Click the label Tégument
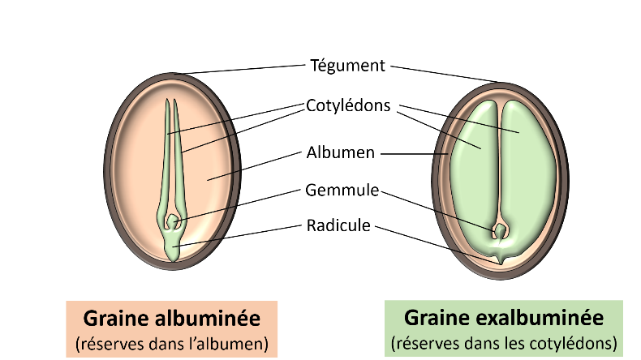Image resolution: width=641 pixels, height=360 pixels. [347, 66]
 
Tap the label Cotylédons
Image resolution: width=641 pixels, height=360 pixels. [348, 105]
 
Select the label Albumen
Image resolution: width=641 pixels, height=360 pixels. [341, 152]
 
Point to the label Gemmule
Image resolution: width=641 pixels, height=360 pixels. [342, 190]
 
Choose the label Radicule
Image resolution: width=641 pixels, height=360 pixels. [338, 225]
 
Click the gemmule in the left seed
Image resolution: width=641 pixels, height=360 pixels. [173, 221]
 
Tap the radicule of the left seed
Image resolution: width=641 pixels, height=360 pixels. [173, 247]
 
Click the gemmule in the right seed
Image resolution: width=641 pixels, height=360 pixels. [500, 231]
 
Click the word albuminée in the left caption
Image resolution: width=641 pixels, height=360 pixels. [207, 319]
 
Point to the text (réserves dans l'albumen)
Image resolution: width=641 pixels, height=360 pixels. [172, 344]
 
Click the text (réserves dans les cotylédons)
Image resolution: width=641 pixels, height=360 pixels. [504, 343]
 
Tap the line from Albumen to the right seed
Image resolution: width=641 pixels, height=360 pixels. [415, 154]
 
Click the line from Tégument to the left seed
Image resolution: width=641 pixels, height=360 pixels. [239, 70]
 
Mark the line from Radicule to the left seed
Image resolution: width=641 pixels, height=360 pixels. [239, 236]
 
